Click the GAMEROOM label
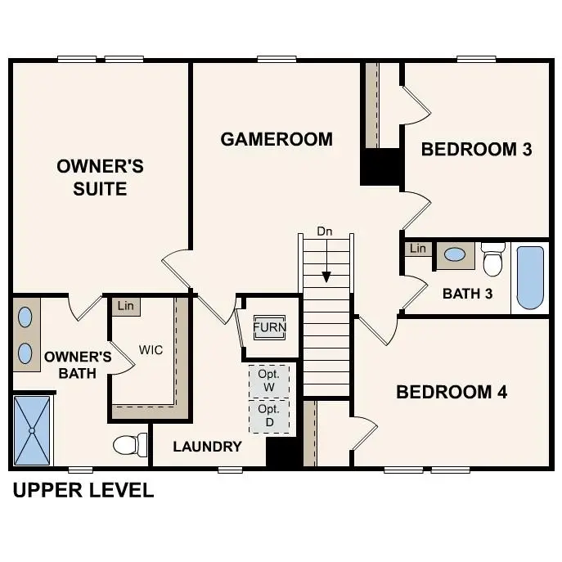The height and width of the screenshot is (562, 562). point(277,139)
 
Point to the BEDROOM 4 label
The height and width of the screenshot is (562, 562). point(452,393)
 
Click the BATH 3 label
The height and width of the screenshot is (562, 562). point(467,294)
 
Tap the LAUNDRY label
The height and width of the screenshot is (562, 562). point(207,447)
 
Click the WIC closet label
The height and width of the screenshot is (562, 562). point(151,350)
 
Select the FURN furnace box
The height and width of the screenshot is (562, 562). point(269,328)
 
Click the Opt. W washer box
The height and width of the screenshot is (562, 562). point(269,380)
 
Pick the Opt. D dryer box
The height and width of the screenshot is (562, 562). point(269,415)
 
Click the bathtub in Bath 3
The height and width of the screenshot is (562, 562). point(530,278)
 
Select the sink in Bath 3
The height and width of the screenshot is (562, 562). point(454,254)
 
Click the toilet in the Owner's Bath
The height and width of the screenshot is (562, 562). point(129,445)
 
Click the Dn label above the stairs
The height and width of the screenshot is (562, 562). point(326,232)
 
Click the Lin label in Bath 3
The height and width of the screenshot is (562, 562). point(418,249)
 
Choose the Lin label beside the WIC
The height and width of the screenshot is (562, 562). point(125,306)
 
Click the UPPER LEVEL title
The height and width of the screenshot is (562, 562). point(83,491)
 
